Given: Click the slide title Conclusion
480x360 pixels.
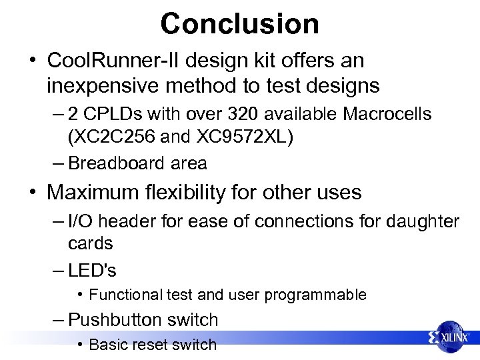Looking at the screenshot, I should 239,23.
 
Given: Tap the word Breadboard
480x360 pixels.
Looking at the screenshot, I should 113,163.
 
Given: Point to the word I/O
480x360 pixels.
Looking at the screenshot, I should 81,221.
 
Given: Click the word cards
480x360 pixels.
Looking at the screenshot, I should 91,243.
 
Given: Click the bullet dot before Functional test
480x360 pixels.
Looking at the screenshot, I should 79,295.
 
